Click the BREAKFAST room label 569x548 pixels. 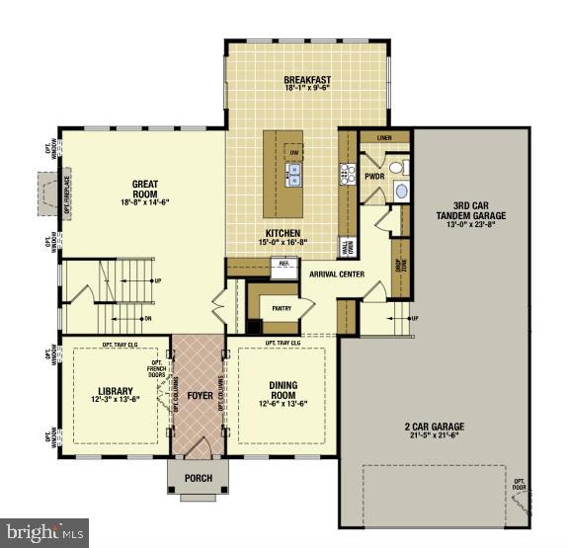point(306,80)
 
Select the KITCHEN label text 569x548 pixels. point(282,233)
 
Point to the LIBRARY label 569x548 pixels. point(116,390)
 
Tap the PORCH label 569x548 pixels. point(199,479)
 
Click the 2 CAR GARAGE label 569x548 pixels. point(435,428)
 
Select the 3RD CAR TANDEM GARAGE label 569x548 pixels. point(470,213)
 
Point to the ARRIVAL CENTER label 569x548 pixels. point(337,274)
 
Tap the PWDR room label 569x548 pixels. point(374,177)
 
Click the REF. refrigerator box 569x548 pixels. point(284,265)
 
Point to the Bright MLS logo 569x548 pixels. point(44,531)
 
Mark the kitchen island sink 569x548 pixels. point(293,176)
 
